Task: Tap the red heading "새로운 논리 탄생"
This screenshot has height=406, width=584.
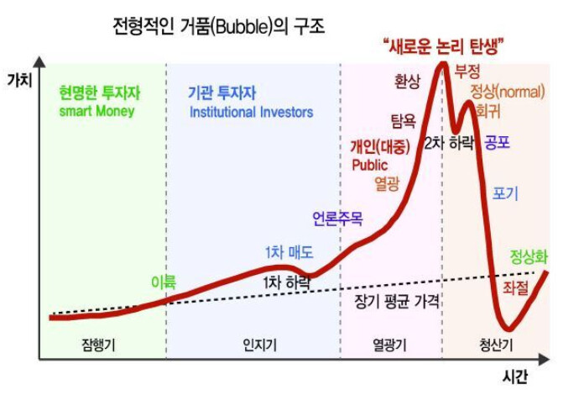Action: click(447, 47)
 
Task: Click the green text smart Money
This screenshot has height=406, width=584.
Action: click(96, 111)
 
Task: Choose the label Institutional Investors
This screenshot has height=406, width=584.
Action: click(251, 112)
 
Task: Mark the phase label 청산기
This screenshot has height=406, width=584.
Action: click(496, 345)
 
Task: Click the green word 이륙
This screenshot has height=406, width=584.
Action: click(164, 282)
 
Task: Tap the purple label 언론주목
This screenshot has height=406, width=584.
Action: click(337, 219)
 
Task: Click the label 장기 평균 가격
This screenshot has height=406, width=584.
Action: click(397, 300)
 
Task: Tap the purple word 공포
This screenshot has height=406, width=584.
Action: click(497, 142)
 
